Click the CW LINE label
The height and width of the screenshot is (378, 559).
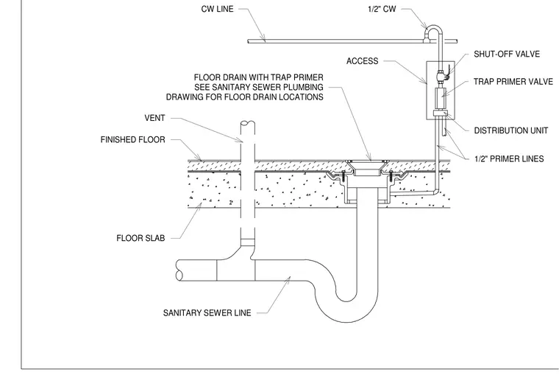coord(217,9)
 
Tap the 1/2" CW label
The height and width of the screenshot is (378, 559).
coord(382,9)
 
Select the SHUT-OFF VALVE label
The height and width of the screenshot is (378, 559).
coord(507,54)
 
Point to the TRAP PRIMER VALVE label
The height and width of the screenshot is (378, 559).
coord(513,82)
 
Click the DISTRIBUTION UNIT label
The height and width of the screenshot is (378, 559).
coord(511,130)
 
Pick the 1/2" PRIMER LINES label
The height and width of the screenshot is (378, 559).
coord(509,158)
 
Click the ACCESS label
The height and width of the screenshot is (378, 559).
coord(362,61)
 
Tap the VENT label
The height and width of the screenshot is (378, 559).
coord(154,118)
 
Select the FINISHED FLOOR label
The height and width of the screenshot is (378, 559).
coord(132,139)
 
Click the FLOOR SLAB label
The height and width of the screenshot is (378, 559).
coord(140,238)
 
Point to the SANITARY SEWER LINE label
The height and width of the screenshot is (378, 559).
coord(207,313)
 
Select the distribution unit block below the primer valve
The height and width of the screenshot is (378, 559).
coord(441,113)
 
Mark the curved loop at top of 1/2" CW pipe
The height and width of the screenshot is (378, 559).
coord(433,27)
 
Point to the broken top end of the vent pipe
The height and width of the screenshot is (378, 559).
coord(247,123)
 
